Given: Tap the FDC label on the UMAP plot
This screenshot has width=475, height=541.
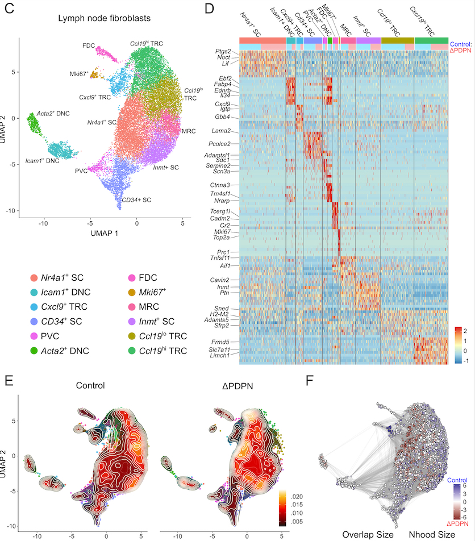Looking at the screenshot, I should [x=88, y=45].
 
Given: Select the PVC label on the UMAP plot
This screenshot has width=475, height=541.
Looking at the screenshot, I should [x=82, y=170].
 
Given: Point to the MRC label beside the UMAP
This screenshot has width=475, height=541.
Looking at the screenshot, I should [x=189, y=131].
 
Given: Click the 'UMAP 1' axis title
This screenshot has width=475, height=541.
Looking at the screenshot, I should [x=101, y=233].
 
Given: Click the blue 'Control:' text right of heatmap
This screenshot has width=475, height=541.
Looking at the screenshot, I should [x=461, y=44].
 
